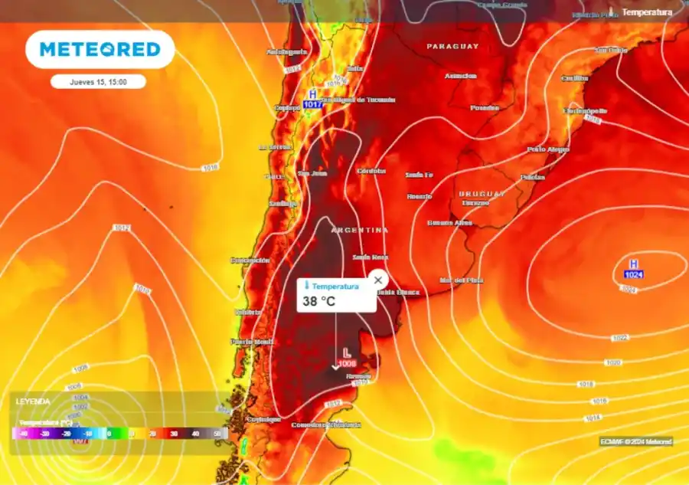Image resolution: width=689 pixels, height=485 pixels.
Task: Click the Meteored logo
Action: [100, 50]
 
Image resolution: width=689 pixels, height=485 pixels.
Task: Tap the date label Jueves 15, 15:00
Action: [99, 81]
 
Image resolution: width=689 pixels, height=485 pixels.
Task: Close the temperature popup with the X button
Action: [377, 280]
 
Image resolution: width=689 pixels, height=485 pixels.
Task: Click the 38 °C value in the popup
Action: [319, 301]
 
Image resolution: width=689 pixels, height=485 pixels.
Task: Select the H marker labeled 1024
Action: [633, 268]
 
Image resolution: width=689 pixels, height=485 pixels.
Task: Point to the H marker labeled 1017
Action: [312, 98]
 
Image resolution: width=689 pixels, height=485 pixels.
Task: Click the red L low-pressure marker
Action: [347, 356]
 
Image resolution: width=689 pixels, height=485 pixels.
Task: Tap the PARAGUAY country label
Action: [452, 47]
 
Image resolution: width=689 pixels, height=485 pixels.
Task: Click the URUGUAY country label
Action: [482, 194]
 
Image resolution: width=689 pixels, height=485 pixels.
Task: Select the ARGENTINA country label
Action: [359, 230]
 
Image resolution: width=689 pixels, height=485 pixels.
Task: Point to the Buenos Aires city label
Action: [449, 223]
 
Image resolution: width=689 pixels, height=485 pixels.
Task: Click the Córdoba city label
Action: [371, 171]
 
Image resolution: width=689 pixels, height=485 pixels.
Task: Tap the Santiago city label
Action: [282, 203]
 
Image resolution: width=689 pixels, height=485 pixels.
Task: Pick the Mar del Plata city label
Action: [461, 280]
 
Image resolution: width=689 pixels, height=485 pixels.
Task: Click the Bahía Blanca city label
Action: [397, 292]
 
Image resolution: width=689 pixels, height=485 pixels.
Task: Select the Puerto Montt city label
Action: [253, 342]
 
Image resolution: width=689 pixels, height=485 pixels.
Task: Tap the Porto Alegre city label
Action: [548, 149]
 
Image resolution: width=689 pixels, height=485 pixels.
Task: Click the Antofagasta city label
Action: [286, 52]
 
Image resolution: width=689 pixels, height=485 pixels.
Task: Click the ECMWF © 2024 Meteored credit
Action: [636, 441]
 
